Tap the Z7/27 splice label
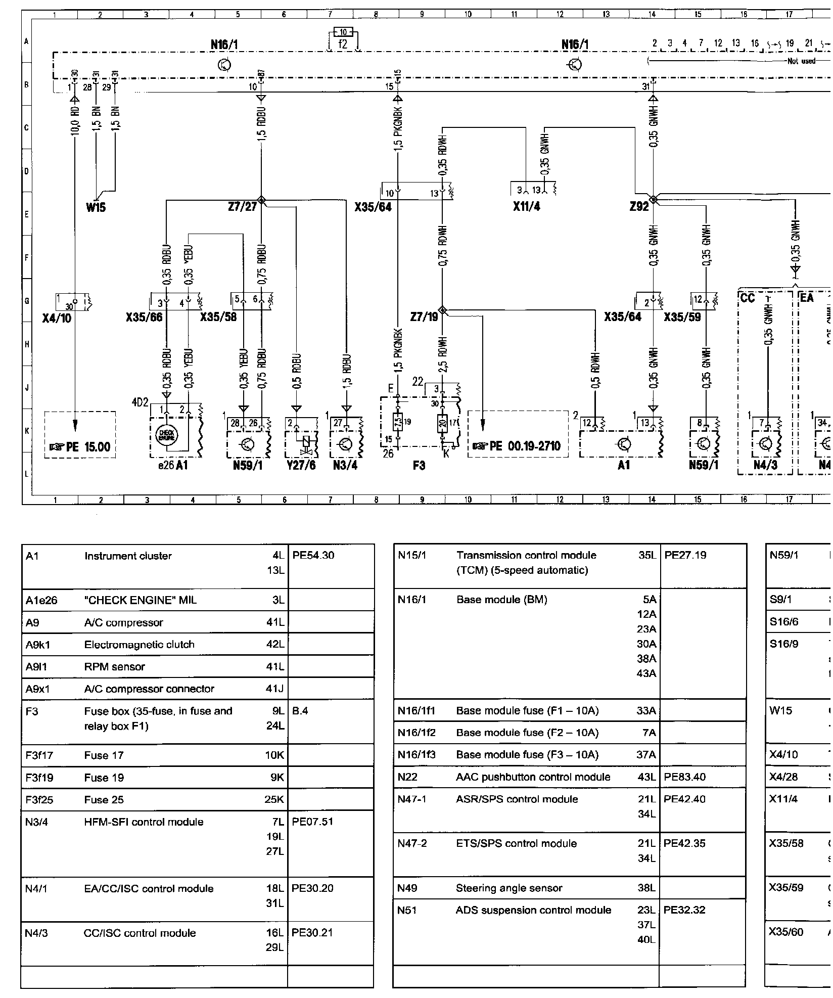point(242,206)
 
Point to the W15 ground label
point(96,207)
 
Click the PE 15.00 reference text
point(80,446)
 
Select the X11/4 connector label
point(526,206)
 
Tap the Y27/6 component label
point(301,465)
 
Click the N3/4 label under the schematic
point(345,465)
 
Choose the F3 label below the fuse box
point(419,465)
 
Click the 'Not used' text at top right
point(801,61)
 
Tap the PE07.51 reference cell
point(313,822)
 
